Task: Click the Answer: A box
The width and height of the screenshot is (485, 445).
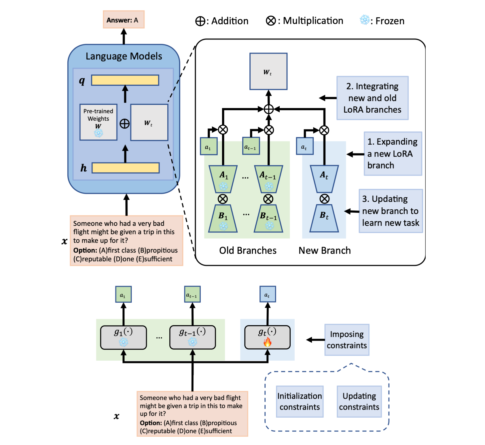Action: (x=124, y=20)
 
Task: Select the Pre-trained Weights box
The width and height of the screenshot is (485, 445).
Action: (x=98, y=122)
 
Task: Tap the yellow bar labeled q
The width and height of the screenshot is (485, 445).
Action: (x=125, y=80)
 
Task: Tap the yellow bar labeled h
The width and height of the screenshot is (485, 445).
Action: (x=126, y=168)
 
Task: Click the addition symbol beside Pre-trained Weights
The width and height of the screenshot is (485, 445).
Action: (x=124, y=124)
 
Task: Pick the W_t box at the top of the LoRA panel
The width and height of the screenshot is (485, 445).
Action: (x=268, y=71)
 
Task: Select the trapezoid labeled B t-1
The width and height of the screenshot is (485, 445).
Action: (x=268, y=219)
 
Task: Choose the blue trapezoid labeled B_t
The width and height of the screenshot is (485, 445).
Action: (x=324, y=219)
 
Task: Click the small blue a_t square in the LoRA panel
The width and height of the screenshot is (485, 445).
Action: (x=305, y=146)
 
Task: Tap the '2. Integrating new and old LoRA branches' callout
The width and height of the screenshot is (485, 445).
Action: (x=372, y=98)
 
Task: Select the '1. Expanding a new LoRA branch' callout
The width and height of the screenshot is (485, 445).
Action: (x=393, y=154)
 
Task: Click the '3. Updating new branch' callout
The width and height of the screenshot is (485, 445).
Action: (x=391, y=211)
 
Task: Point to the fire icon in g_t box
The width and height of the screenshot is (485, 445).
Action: (x=268, y=342)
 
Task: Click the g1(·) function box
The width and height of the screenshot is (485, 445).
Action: (x=124, y=337)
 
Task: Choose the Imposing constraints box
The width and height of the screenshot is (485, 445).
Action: (x=347, y=340)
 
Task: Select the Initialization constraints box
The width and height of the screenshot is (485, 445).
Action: (x=300, y=402)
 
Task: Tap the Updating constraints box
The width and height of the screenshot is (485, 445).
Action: (x=359, y=402)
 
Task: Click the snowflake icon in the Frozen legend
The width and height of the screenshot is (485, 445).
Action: (x=365, y=20)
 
